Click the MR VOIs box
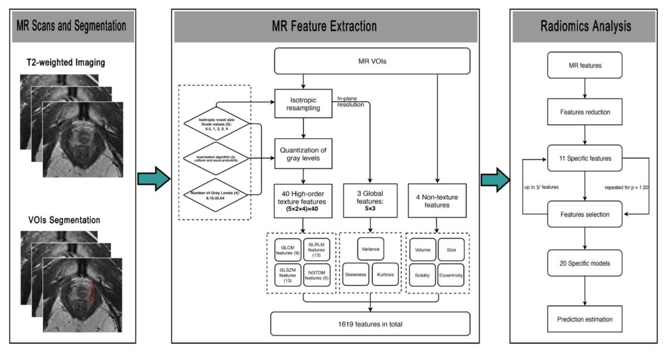coord(372,60)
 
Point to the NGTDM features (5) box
coord(316,276)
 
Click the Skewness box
coord(356,275)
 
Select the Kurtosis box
coord(386,275)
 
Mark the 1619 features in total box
coord(371,322)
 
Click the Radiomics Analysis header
coord(584,26)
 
